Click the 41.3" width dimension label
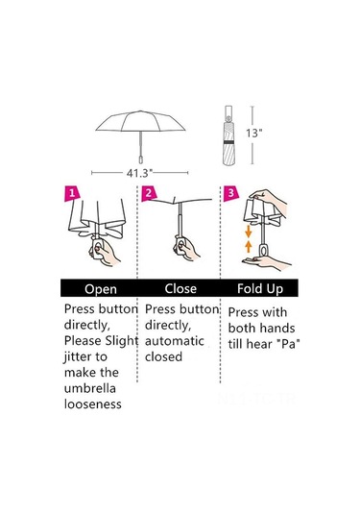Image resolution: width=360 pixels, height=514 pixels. click(140, 173)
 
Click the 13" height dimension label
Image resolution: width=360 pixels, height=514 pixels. click(254, 134)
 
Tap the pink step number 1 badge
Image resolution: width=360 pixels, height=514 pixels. click(72, 193)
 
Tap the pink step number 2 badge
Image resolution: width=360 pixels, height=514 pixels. click(149, 193)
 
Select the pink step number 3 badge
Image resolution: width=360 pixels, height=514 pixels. click(231, 193)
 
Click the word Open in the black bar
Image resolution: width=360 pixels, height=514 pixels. click(101, 289)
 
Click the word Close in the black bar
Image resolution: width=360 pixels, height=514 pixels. click(180, 288)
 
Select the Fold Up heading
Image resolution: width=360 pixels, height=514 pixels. click(260, 289)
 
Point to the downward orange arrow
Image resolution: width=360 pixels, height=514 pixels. click(249, 232)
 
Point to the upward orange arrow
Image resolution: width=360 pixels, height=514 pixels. click(249, 246)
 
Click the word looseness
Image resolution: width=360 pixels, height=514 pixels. click(93, 404)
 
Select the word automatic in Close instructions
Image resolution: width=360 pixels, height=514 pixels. click(175, 341)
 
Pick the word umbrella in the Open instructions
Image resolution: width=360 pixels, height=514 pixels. click(90, 388)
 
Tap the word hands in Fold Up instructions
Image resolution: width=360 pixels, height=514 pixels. click(277, 329)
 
